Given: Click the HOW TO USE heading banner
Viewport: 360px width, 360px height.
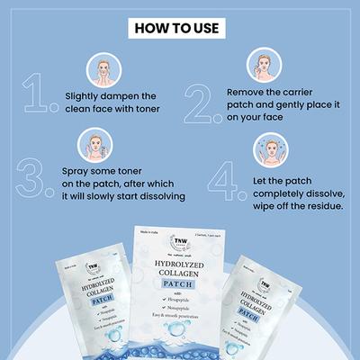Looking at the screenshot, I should click(x=179, y=27).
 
